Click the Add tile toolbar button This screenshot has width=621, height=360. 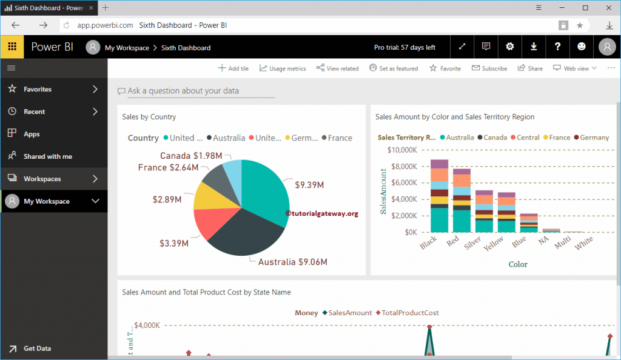233,68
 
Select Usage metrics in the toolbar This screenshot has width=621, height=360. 283,68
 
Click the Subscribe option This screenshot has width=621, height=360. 489,68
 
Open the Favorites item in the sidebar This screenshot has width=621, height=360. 38,89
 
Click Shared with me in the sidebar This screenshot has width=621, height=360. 47,156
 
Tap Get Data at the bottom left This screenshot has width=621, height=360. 37,348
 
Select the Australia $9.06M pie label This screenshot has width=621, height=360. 292,262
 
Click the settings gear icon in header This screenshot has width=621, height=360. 510,47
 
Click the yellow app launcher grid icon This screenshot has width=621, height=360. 12,47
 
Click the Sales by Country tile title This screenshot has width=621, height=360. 149,116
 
